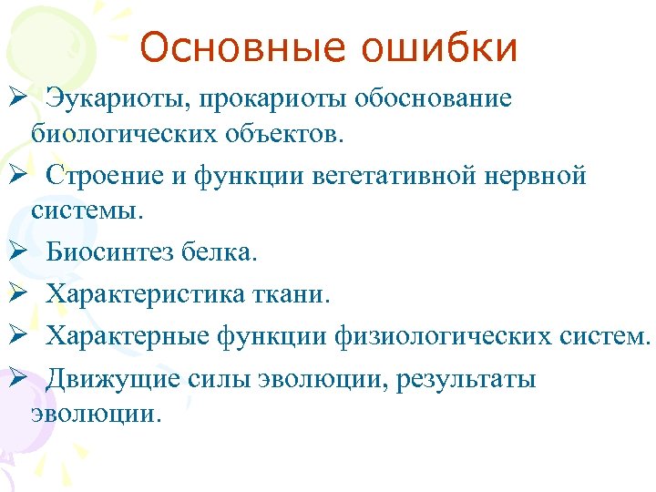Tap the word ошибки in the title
click(439, 48)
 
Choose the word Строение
click(107, 175)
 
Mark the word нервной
click(534, 175)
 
